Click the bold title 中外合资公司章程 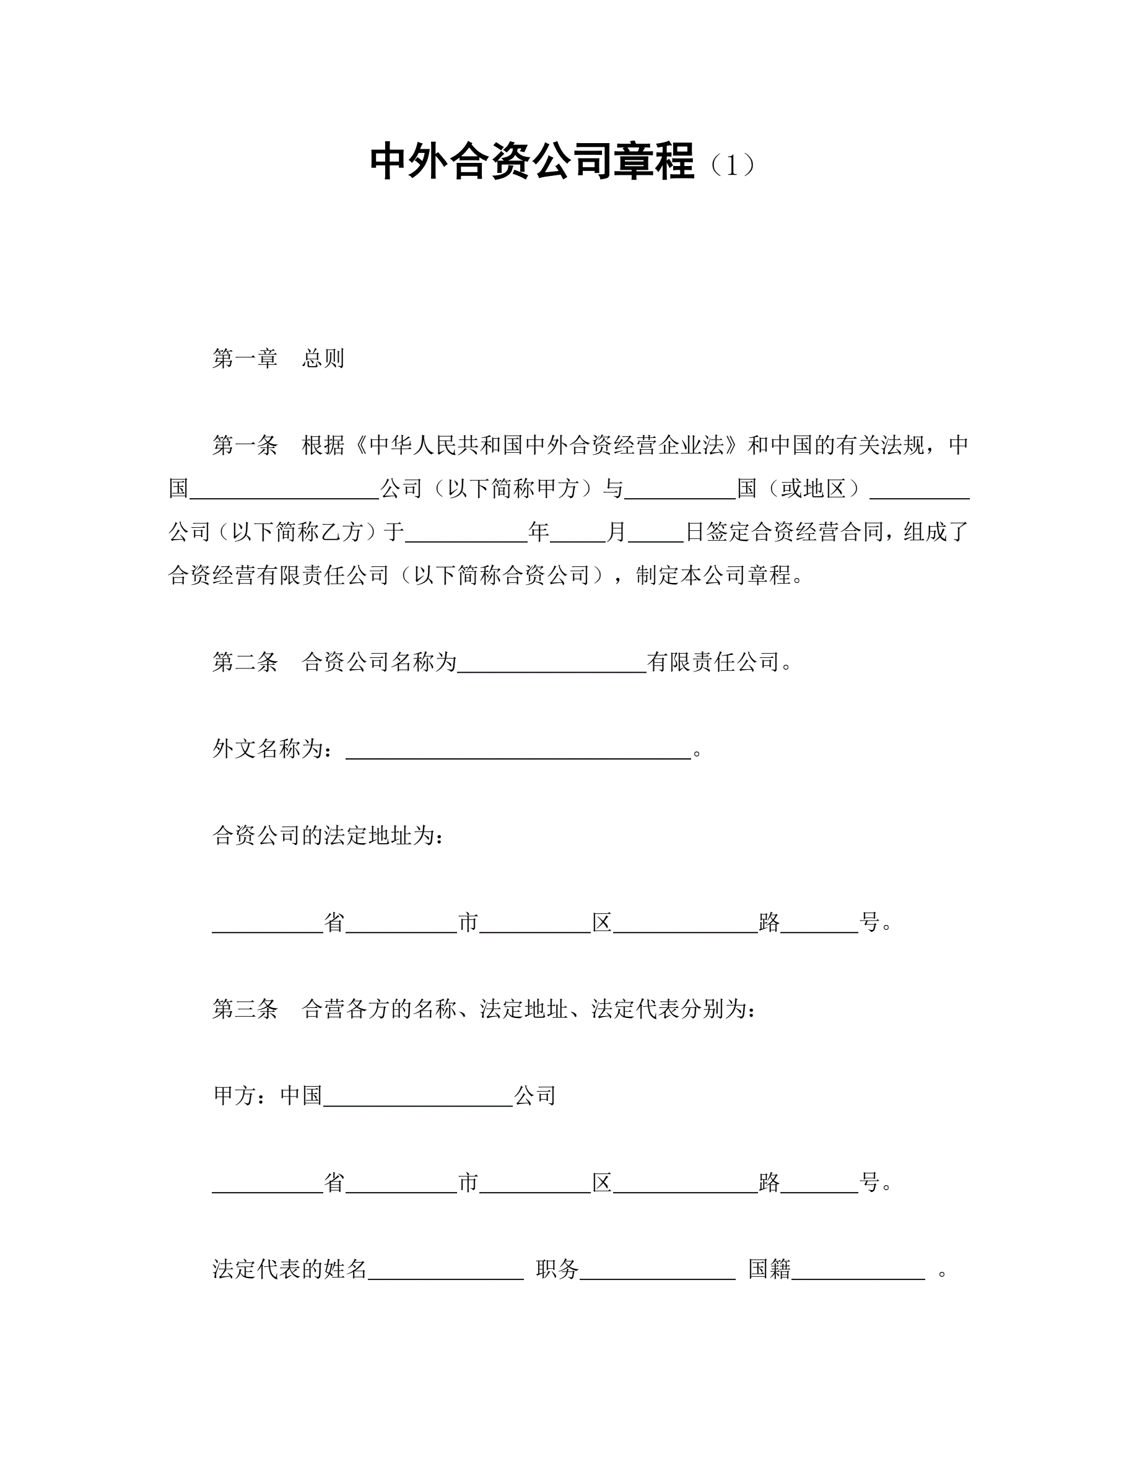(531, 162)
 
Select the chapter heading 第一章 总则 (278, 359)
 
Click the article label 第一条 (245, 445)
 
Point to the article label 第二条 (245, 662)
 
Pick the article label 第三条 (245, 1009)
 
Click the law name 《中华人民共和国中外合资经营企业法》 (546, 445)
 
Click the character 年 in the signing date (538, 532)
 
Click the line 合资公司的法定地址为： (328, 836)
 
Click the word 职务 (557, 1269)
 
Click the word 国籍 (769, 1269)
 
